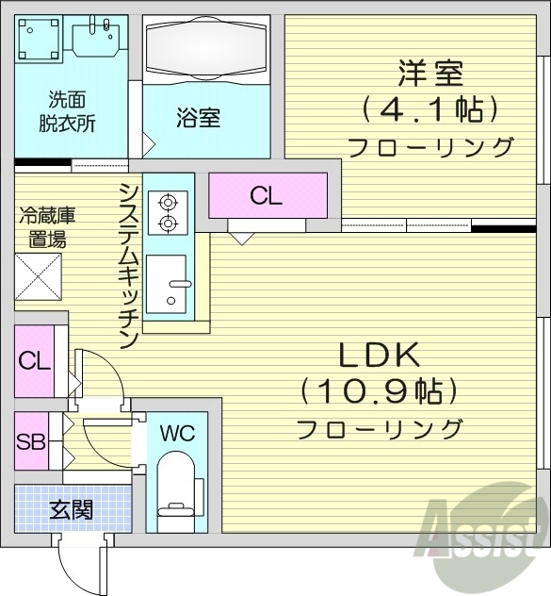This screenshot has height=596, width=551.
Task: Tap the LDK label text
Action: tap(379, 356)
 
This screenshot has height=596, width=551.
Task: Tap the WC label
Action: tap(177, 434)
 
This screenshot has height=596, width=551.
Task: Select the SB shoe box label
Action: tap(31, 440)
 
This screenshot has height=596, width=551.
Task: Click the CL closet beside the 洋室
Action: tap(266, 196)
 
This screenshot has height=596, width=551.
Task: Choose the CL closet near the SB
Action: tap(34, 360)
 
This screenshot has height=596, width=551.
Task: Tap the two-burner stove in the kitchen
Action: tap(169, 212)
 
